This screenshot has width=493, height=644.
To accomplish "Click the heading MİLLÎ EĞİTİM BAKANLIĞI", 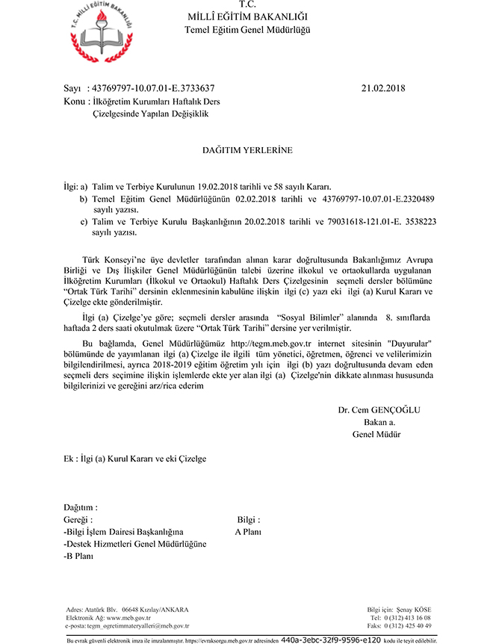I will (246, 17).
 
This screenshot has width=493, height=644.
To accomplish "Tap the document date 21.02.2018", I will (382, 88).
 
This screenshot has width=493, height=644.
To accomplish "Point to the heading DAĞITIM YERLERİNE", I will (247, 151).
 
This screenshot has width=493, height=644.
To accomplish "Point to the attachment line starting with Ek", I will (134, 459).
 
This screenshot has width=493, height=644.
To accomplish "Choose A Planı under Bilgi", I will (247, 532).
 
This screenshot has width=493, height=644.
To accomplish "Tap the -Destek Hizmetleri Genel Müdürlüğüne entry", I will (135, 544).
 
